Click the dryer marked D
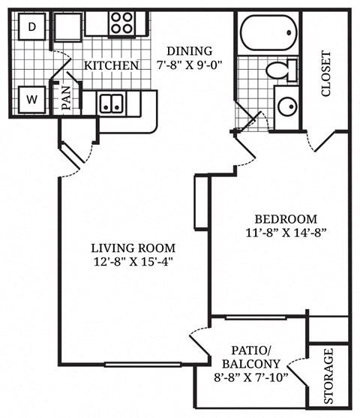31,27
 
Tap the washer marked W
31,98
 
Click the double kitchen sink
112,103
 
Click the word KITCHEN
111,66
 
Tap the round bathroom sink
287,104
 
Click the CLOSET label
326,74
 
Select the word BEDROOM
280,218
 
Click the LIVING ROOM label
133,248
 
